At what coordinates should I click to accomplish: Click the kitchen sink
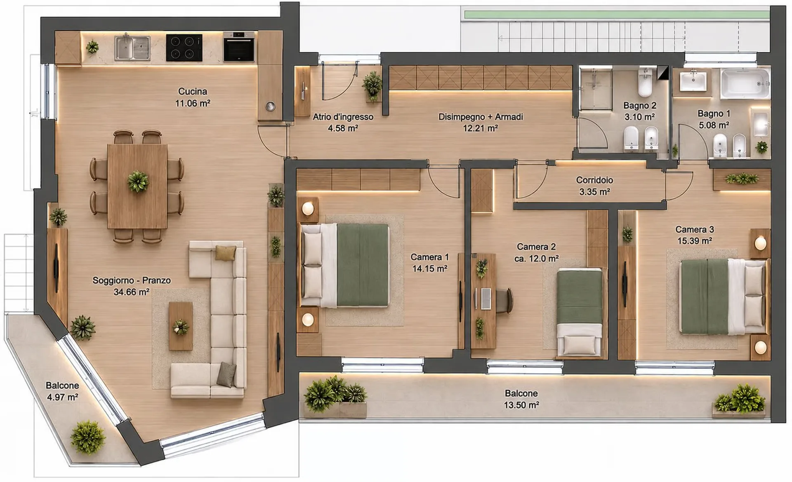[x=132, y=48]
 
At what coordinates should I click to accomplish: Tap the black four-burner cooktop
[x=184, y=48]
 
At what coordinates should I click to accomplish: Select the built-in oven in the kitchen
[x=239, y=47]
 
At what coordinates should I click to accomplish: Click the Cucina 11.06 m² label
[x=193, y=97]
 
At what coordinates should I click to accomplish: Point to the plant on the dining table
[x=138, y=182]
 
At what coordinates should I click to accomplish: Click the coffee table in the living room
[x=181, y=326]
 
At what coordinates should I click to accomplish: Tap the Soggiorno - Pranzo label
[x=132, y=280]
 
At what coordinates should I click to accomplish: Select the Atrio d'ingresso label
[x=343, y=117]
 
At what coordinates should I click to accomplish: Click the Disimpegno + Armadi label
[x=481, y=117]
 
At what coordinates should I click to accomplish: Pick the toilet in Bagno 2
[x=645, y=83]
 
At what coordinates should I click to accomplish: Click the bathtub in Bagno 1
[x=745, y=84]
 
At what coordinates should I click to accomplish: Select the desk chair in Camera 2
[x=505, y=300]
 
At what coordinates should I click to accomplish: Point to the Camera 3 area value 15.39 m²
[x=695, y=241]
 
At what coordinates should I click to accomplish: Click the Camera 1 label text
[x=429, y=257]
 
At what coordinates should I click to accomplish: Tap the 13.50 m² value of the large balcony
[x=521, y=405]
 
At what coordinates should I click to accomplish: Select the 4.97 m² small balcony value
[x=62, y=397]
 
